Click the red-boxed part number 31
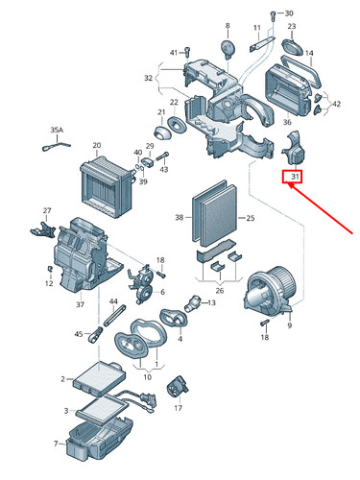(290, 176)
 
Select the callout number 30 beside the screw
(290, 13)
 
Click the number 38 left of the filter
(179, 218)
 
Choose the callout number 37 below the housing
(81, 305)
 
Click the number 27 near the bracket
(46, 210)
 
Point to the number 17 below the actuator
(179, 407)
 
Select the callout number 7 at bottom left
(56, 444)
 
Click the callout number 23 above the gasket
(291, 26)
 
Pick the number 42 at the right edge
(336, 104)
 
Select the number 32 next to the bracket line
(149, 78)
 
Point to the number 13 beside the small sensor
(211, 303)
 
